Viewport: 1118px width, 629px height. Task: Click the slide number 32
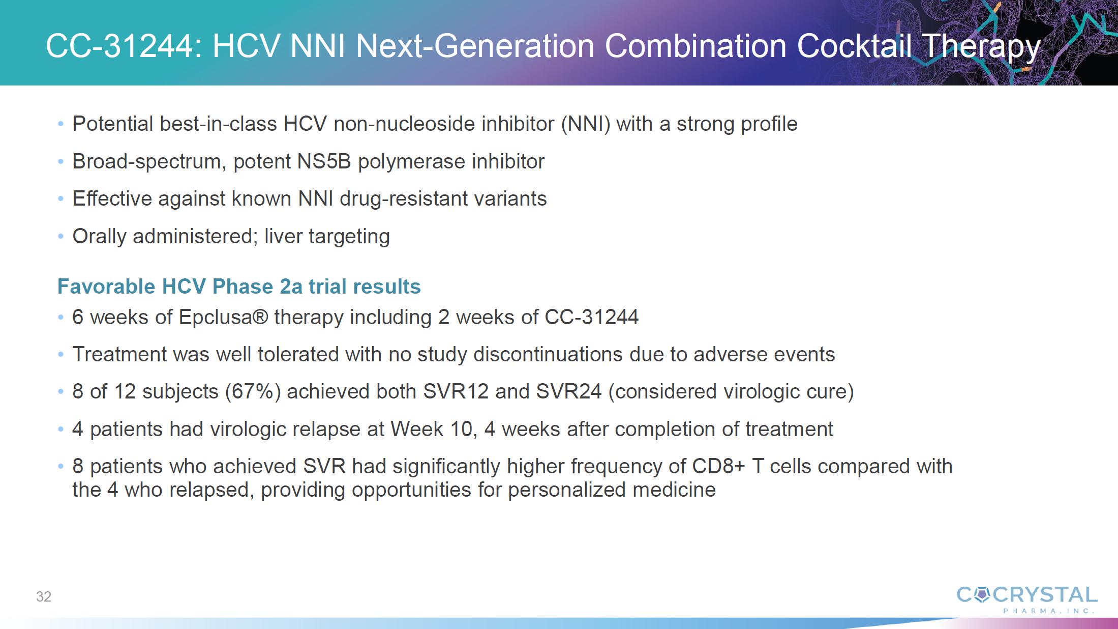[x=44, y=596]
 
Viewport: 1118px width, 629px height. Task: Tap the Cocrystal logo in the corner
[x=1027, y=600]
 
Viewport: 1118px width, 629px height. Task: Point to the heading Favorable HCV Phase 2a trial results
[x=239, y=287]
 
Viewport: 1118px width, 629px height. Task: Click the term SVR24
[x=569, y=392]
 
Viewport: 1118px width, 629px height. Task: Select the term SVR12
[x=456, y=392]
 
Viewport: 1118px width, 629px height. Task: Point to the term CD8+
[x=718, y=467]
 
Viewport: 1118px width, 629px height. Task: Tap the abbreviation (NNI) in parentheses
[x=586, y=124]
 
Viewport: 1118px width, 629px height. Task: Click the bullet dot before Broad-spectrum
[x=61, y=162]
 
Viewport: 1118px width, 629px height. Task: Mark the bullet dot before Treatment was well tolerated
[x=61, y=355]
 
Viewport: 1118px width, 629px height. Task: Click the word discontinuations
[x=548, y=355]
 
